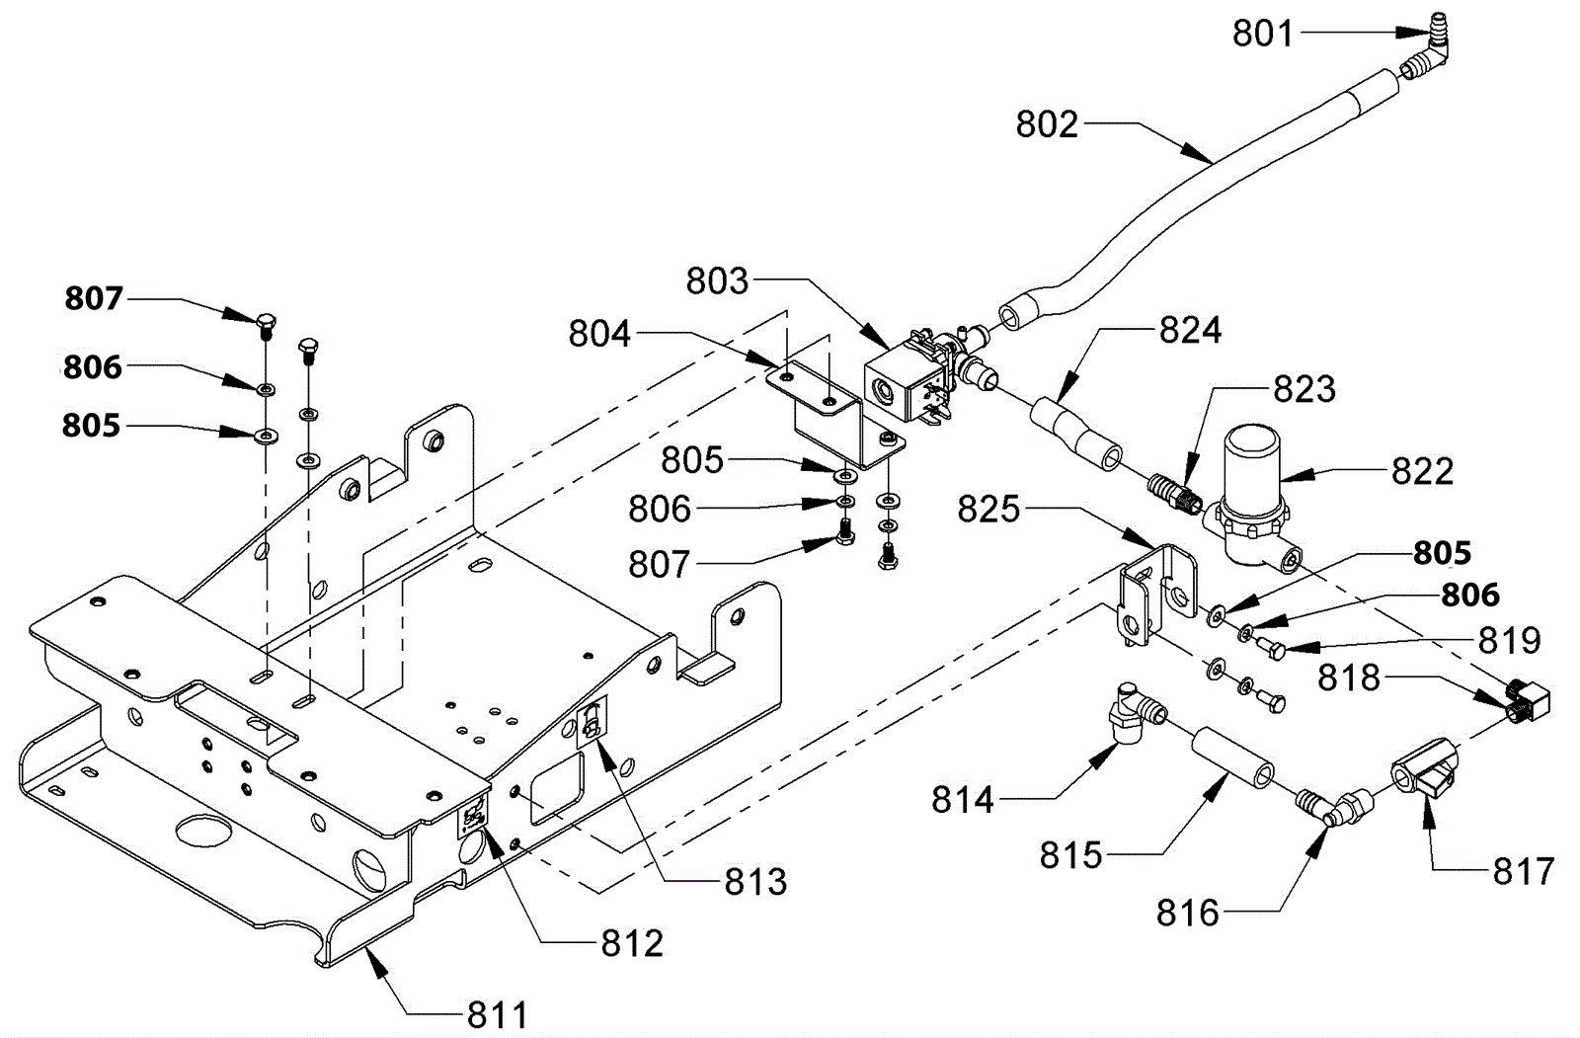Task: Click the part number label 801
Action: [1263, 34]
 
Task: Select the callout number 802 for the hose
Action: [1047, 124]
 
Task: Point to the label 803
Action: [717, 280]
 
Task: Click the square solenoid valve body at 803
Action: [896, 384]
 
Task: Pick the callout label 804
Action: [599, 334]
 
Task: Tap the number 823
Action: [1304, 389]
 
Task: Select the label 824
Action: [1190, 330]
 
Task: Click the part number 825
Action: [988, 509]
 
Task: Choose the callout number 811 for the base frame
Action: [498, 1015]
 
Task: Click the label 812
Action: [632, 943]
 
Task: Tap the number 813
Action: [755, 882]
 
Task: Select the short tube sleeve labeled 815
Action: [1233, 759]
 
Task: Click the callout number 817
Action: [1524, 871]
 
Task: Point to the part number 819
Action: [1510, 641]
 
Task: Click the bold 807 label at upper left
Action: [94, 298]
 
